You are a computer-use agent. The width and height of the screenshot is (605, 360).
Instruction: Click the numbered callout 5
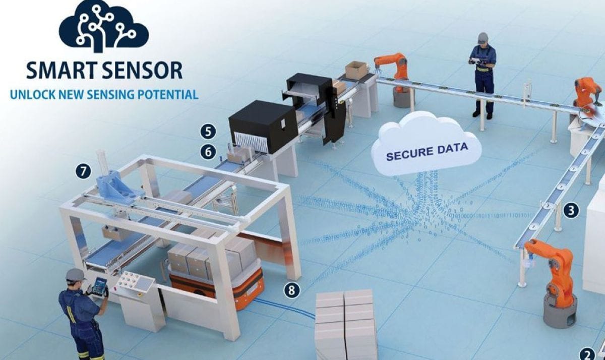tap(208, 132)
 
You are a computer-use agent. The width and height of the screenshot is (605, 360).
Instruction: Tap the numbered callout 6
tap(208, 152)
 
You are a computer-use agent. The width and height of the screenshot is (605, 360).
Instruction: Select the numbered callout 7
tap(83, 171)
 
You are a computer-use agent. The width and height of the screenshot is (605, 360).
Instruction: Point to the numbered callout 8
tap(291, 290)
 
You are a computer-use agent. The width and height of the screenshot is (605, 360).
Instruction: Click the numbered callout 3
tap(571, 210)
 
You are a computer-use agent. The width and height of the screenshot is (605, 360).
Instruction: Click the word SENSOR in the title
tap(143, 70)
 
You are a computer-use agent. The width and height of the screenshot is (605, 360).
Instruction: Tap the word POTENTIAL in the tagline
tap(168, 94)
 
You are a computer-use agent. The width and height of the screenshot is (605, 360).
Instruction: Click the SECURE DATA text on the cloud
tap(427, 152)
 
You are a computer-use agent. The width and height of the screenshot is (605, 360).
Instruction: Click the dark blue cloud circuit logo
tap(103, 26)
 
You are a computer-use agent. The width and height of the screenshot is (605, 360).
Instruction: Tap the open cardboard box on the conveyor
tap(356, 70)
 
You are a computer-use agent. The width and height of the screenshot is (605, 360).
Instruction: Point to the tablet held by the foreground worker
tap(99, 286)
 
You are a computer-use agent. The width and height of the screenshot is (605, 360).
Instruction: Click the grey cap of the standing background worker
tap(482, 37)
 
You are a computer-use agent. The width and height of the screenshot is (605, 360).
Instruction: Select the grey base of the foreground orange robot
tap(560, 311)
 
